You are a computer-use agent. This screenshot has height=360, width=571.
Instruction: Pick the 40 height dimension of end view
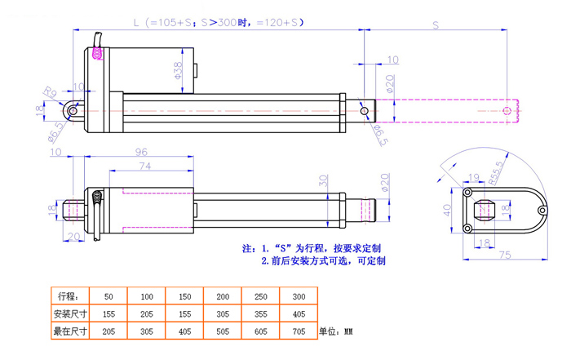click(x=448, y=208)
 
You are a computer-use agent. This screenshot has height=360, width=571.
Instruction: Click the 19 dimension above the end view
click(x=475, y=176)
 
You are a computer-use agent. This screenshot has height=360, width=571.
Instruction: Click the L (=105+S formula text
click(x=163, y=24)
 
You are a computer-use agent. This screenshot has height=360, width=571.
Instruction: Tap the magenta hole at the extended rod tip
click(x=507, y=110)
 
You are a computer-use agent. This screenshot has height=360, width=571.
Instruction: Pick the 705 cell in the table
click(x=299, y=331)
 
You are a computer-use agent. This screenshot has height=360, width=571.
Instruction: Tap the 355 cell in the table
click(x=260, y=313)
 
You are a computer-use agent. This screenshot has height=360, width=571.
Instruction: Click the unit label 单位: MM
click(x=335, y=332)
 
